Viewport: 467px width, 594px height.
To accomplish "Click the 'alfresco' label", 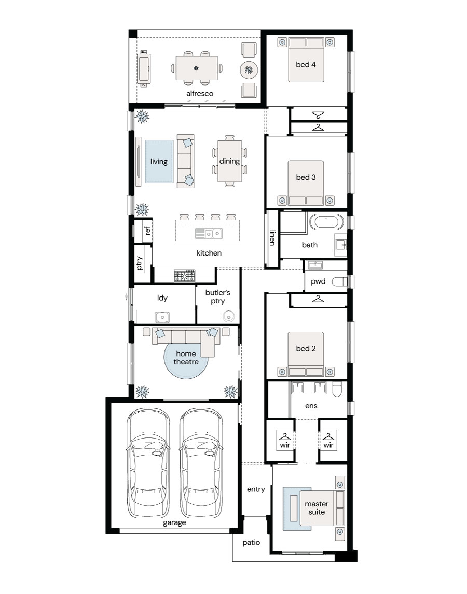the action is (x=200, y=94).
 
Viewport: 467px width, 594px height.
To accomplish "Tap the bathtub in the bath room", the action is (x=326, y=222).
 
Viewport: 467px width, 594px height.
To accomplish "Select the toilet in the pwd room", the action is (x=339, y=281).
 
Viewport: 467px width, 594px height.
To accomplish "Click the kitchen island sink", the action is (x=209, y=234).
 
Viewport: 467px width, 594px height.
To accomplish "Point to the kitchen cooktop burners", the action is (x=184, y=275).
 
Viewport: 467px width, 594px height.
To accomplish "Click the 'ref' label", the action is (x=147, y=230).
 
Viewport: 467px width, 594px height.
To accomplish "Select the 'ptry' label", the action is (x=139, y=263).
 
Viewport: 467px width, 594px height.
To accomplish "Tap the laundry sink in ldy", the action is (x=162, y=316).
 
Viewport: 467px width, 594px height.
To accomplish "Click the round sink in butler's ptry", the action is (x=229, y=316).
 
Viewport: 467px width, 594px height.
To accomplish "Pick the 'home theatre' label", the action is (x=186, y=358).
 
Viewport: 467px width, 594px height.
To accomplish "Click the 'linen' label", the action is (x=272, y=237).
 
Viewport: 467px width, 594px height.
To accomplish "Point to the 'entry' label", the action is (x=256, y=489).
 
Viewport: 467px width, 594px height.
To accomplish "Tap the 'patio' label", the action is (x=251, y=543).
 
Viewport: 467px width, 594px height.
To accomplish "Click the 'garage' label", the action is (x=174, y=523).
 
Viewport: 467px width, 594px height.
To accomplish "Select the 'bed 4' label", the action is (x=306, y=64).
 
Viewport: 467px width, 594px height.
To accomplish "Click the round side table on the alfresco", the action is (x=249, y=70).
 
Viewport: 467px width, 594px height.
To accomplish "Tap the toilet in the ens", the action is (x=337, y=389).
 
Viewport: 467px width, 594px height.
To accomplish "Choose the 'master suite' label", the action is (x=317, y=507).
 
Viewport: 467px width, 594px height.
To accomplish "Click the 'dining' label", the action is (x=229, y=161).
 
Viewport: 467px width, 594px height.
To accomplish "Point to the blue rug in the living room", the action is (x=159, y=162).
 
